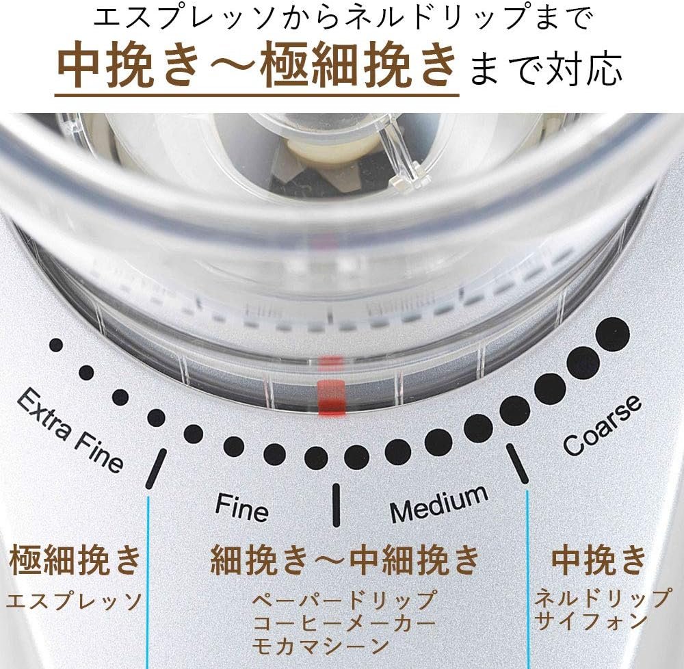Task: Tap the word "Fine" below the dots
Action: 241,507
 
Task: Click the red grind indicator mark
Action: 332,397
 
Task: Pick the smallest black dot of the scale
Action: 56,345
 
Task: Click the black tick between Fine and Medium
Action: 336,505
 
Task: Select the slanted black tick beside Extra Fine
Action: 156,469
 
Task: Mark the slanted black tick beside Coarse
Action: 517,464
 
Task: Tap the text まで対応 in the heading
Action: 546,69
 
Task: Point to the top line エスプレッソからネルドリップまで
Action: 343,18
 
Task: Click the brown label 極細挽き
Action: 75,560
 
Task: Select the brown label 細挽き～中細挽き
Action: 345,560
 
